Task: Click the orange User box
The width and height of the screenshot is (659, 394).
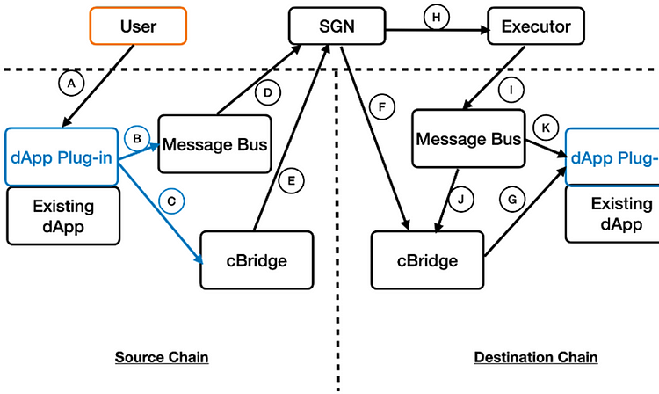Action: click(x=138, y=26)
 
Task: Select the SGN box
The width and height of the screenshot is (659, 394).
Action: click(x=337, y=26)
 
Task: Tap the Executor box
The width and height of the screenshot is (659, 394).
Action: click(x=536, y=26)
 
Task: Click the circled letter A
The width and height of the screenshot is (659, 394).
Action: click(x=71, y=84)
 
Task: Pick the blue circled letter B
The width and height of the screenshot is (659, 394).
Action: click(x=137, y=138)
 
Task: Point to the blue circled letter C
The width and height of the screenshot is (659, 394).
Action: click(x=171, y=201)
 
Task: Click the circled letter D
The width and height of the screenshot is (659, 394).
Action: click(x=268, y=92)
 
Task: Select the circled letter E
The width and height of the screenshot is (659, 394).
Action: click(x=291, y=181)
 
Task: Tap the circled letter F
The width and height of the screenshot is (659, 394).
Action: click(x=382, y=106)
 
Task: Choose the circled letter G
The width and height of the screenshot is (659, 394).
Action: click(x=512, y=200)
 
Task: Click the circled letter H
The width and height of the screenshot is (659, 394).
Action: click(x=437, y=18)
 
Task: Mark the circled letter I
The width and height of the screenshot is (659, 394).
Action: click(x=511, y=90)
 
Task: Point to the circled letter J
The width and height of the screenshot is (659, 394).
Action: click(x=461, y=200)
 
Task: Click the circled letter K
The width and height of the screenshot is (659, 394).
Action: click(x=546, y=128)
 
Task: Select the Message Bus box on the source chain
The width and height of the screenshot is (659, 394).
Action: click(x=214, y=144)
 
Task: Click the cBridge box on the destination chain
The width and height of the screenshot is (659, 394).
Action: click(x=427, y=260)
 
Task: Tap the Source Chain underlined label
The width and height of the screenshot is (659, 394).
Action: click(x=162, y=357)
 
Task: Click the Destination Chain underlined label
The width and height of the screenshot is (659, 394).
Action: click(x=536, y=357)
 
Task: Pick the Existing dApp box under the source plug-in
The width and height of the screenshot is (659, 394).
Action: click(x=63, y=216)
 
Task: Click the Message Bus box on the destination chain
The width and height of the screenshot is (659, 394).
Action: click(x=468, y=139)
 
